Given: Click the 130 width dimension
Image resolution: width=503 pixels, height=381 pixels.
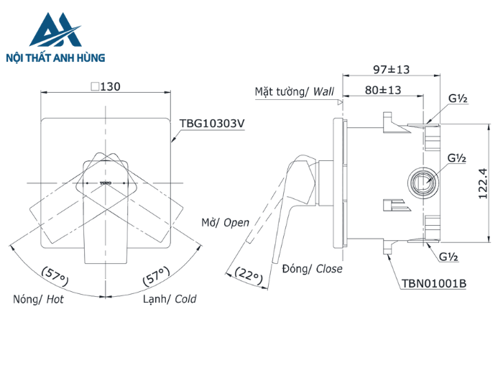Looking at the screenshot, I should coord(105,86).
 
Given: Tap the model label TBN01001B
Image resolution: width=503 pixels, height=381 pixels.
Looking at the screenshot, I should coord(433,283).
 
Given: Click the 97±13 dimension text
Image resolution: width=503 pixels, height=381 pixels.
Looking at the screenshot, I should coord(392,69).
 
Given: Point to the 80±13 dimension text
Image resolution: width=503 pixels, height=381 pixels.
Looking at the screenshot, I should coord(382,91).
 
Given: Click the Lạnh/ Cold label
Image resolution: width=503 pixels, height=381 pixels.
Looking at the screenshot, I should coord(170,299).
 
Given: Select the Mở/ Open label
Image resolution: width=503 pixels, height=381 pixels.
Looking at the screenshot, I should coord(225,223).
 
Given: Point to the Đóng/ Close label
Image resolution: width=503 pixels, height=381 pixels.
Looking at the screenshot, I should coord(312,269).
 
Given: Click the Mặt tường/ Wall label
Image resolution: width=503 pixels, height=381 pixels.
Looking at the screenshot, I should coord(295,91).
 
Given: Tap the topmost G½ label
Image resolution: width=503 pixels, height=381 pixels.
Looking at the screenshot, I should coord(458,99).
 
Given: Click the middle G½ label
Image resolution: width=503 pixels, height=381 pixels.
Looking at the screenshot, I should coord(458,157).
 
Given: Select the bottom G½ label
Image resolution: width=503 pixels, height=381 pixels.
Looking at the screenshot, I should coord(449,256).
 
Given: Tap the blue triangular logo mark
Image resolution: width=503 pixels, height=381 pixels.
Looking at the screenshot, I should coord(52,31).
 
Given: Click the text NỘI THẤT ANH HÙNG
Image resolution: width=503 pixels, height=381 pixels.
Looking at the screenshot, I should coord(55,58).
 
